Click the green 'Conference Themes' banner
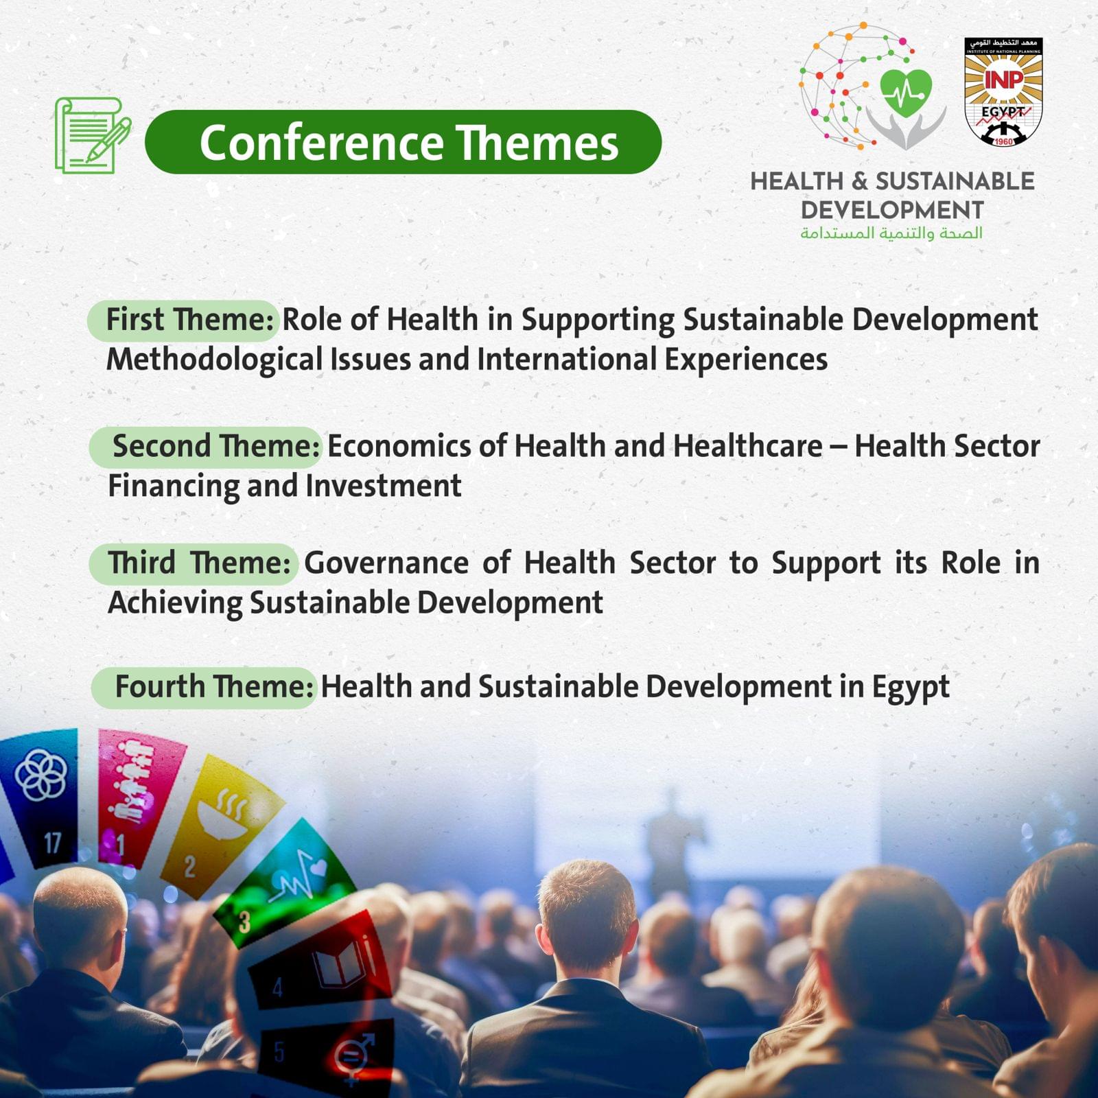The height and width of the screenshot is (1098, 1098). tap(403, 142)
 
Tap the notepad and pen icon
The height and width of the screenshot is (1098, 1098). tap(93, 135)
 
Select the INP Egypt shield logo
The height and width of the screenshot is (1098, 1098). tap(1003, 92)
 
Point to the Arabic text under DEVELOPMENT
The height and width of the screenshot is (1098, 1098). tap(891, 233)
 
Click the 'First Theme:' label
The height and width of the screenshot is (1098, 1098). tap(190, 320)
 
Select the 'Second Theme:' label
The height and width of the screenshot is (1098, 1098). tap(216, 446)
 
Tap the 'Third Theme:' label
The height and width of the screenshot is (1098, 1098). tap(200, 563)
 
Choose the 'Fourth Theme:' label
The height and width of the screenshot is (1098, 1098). tap(214, 686)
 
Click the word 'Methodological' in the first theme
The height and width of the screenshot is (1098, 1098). tap(214, 360)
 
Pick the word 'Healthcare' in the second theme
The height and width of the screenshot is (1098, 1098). tap(748, 446)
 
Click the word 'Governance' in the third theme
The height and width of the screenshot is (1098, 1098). tap(386, 563)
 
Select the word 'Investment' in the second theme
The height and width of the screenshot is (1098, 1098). tap(384, 486)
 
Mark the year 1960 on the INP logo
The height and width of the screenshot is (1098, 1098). tap(1003, 141)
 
